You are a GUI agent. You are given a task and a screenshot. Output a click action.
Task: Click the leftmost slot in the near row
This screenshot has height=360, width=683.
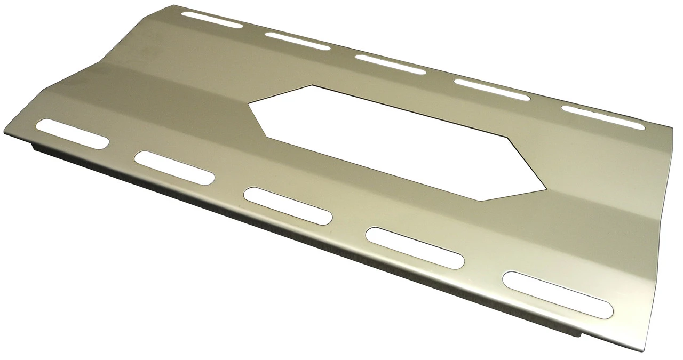coord(72,133)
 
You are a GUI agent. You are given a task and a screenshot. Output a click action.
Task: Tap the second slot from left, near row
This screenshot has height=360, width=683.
coord(174,167)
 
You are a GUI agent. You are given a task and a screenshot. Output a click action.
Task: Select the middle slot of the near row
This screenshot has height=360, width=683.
coord(288,205)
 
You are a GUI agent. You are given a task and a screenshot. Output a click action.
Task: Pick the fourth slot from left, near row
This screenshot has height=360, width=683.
coord(415,247)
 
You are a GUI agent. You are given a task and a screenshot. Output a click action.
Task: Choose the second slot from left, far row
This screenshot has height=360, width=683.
coord(298,41)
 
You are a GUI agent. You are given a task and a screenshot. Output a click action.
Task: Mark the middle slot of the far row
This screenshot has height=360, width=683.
coord(391,64)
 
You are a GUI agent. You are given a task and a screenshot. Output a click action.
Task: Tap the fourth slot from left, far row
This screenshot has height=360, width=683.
coord(492,89)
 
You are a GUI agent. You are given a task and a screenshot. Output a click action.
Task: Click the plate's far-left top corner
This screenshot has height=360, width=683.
coord(175,6)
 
